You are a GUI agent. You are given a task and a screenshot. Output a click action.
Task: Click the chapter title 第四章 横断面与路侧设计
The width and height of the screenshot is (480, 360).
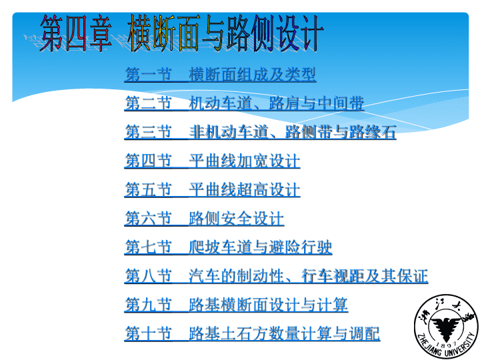(182, 33)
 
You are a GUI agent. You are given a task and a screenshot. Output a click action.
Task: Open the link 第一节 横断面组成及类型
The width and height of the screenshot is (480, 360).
(220, 75)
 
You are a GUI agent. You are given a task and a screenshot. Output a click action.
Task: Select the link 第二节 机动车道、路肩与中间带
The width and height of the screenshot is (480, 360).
(244, 103)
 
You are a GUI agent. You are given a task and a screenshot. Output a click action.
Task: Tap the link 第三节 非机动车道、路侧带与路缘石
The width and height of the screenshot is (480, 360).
(260, 132)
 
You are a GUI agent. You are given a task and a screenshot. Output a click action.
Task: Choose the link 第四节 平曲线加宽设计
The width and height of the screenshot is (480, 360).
(212, 161)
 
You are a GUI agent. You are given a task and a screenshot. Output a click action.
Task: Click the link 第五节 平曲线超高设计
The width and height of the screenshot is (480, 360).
(212, 189)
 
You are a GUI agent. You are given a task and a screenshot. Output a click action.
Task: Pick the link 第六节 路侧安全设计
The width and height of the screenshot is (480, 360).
(204, 218)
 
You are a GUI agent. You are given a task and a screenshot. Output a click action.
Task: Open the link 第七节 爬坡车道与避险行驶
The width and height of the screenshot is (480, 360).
(228, 247)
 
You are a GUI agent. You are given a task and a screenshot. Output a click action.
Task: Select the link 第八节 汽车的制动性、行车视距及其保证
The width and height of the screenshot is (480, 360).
(276, 276)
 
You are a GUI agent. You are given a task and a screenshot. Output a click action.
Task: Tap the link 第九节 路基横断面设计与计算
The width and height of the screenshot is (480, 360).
(236, 305)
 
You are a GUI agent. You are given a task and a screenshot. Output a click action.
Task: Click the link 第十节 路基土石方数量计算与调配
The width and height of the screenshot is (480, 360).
(252, 333)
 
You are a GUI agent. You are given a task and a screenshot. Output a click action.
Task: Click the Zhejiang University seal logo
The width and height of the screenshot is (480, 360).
(446, 326)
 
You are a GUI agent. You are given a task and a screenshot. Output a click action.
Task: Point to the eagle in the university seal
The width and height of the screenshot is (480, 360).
(446, 327)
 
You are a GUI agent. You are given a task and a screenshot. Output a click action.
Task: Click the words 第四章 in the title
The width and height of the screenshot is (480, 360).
(76, 33)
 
